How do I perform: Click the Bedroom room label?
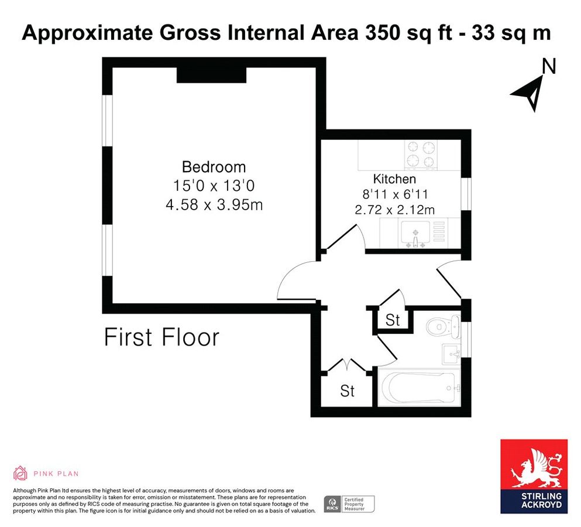click(x=214, y=166)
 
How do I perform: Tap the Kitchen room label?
click(x=394, y=179)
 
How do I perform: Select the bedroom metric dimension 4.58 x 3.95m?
click(x=214, y=206)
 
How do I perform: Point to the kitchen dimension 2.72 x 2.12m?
click(x=394, y=209)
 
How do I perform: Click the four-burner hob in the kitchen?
click(x=420, y=155)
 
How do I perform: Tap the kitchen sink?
click(x=416, y=234)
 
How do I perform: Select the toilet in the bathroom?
click(x=442, y=326)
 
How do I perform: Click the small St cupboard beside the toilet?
click(x=393, y=320)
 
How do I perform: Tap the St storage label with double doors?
click(x=348, y=391)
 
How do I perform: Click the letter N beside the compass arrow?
click(x=548, y=67)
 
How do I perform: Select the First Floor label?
click(x=161, y=338)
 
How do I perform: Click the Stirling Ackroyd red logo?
click(x=534, y=476)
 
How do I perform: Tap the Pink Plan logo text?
click(x=56, y=474)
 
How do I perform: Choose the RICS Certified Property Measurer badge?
click(x=349, y=504)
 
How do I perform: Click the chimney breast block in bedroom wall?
click(x=211, y=75)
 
